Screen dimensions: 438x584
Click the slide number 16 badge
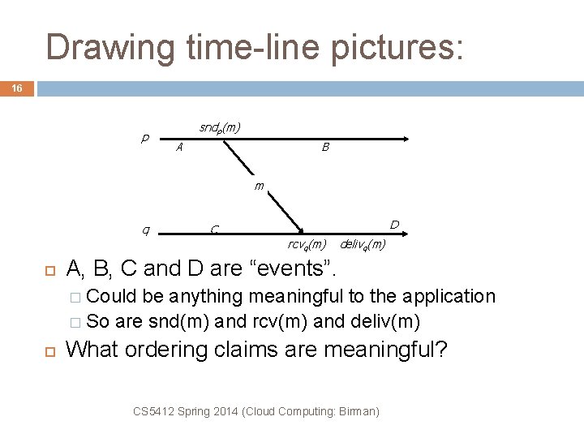pyautogui.click(x=17, y=87)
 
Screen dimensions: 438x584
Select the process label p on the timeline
pyautogui.click(x=144, y=138)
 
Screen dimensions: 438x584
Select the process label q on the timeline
pyautogui.click(x=144, y=229)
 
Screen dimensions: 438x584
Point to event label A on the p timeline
pyautogui.click(x=179, y=148)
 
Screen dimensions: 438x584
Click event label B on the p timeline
pyautogui.click(x=325, y=148)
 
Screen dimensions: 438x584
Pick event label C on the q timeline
pyautogui.click(x=213, y=230)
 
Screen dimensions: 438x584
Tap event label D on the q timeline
pyautogui.click(x=393, y=224)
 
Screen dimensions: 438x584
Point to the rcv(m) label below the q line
pyautogui.click(x=307, y=244)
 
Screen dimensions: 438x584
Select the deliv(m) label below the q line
pyautogui.click(x=362, y=244)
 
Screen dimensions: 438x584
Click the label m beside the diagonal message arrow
pyautogui.click(x=259, y=186)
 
